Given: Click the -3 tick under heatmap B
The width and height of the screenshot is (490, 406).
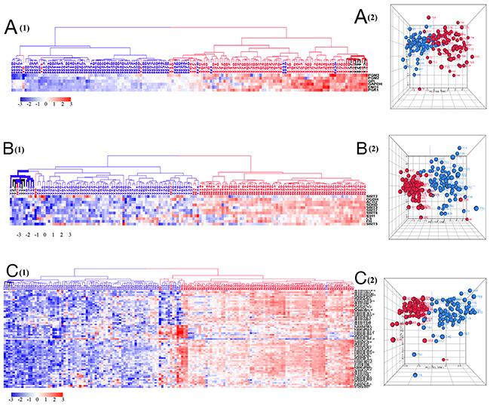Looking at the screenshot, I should pyautogui.click(x=18, y=235).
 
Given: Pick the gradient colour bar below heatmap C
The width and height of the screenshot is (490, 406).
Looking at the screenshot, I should pyautogui.click(x=38, y=390).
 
